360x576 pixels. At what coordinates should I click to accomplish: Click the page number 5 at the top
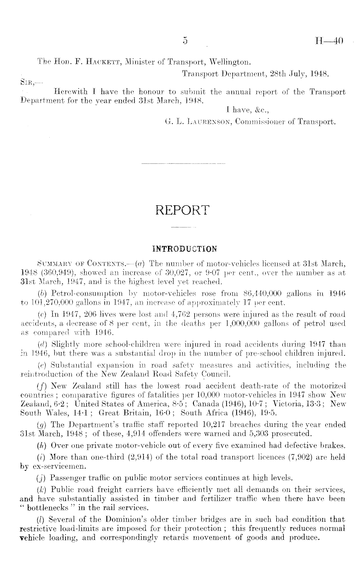click(185, 41)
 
